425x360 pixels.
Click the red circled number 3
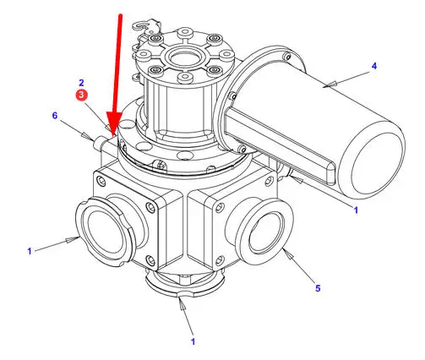pyautogui.click(x=81, y=95)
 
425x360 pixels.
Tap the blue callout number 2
pyautogui.click(x=81, y=83)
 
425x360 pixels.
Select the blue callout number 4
pyautogui.click(x=373, y=66)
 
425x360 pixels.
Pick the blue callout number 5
pyautogui.click(x=318, y=288)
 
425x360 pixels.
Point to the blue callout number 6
pyautogui.click(x=55, y=116)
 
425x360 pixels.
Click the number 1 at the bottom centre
pyautogui.click(x=193, y=341)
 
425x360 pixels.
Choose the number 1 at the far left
pyautogui.click(x=30, y=251)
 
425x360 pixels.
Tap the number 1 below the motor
pyautogui.click(x=356, y=210)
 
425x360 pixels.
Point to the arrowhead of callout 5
pyautogui.click(x=290, y=255)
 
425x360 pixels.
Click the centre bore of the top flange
pyautogui.click(x=184, y=57)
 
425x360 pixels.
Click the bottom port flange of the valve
pyautogui.click(x=185, y=283)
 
